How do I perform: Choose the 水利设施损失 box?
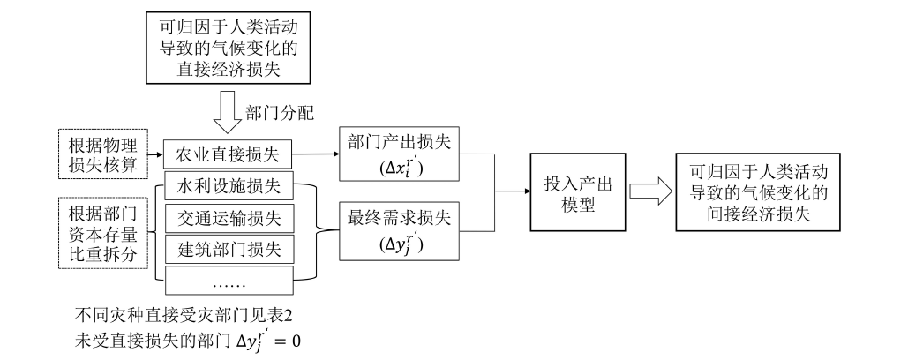pos(228,187)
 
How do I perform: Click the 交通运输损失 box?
pos(228,218)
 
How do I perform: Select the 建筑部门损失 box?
pos(228,249)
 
